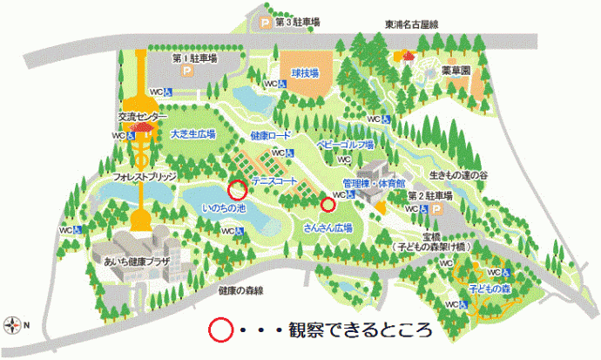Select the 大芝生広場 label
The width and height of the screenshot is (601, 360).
pyautogui.click(x=192, y=134)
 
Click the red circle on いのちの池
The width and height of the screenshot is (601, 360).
pyautogui.click(x=236, y=188)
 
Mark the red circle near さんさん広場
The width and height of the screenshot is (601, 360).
pyautogui.click(x=328, y=205)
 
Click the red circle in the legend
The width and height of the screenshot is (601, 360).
pyautogui.click(x=220, y=330)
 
